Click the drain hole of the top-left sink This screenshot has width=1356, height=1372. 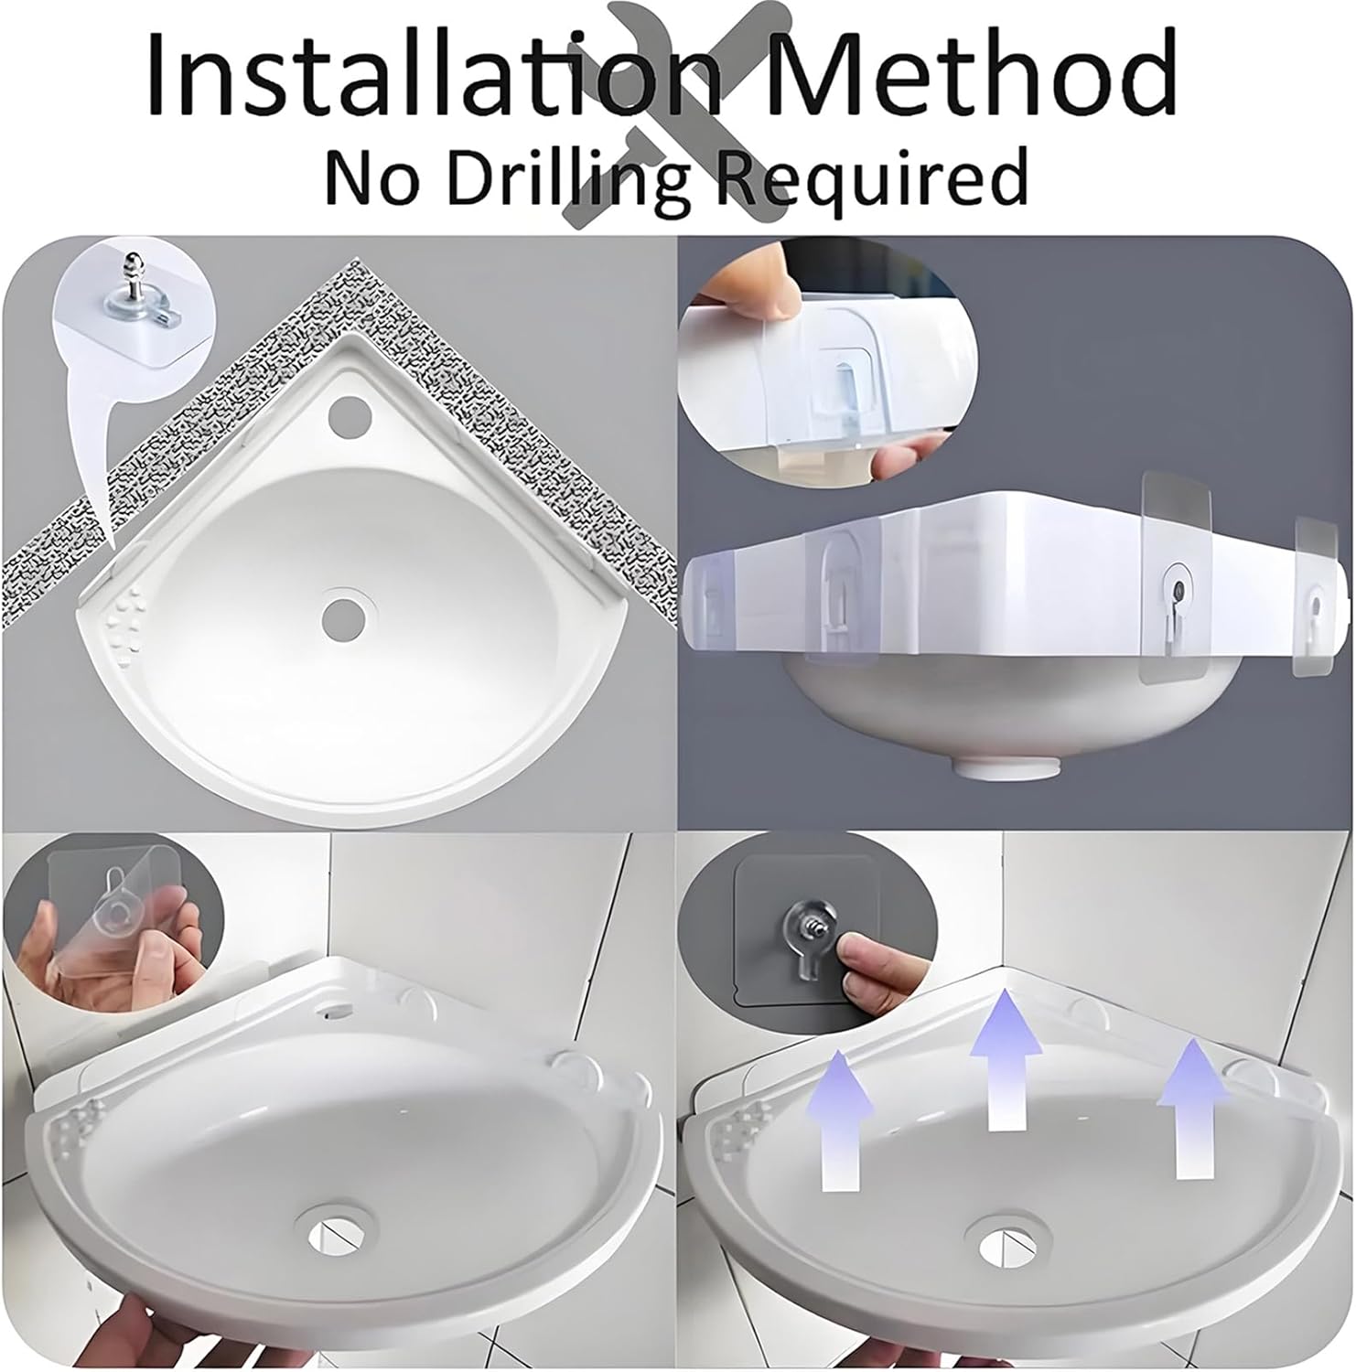click(x=343, y=616)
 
